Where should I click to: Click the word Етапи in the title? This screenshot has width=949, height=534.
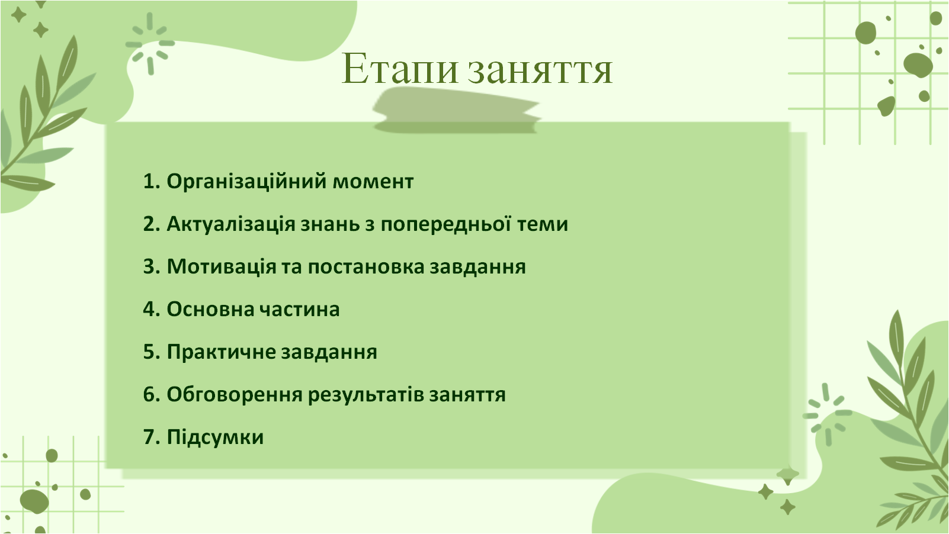[x=400, y=69]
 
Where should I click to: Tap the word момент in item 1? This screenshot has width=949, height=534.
[x=373, y=182]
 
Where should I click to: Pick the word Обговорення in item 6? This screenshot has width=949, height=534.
[x=235, y=395]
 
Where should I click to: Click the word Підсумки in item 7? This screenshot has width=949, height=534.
[x=215, y=438]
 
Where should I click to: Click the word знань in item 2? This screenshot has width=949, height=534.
[x=329, y=224]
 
